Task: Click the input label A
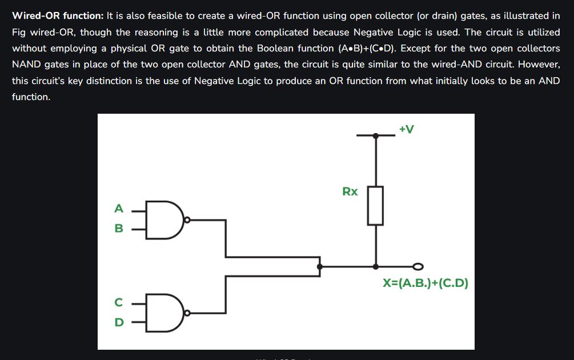point(119,209)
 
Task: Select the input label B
point(119,228)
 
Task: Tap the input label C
point(119,302)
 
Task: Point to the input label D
point(119,322)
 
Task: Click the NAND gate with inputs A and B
point(164,220)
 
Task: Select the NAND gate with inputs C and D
point(164,313)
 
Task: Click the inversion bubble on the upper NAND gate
point(187,220)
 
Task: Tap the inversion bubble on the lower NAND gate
point(187,313)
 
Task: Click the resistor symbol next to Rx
point(376,206)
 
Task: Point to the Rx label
point(350,191)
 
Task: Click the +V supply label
point(406,129)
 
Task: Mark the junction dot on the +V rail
point(376,135)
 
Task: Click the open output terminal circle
point(418,266)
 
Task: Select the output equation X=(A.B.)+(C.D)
point(426,283)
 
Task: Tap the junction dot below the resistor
point(376,267)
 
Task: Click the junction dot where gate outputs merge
point(320,267)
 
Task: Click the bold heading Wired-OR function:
point(58,16)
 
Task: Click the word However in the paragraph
point(539,65)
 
